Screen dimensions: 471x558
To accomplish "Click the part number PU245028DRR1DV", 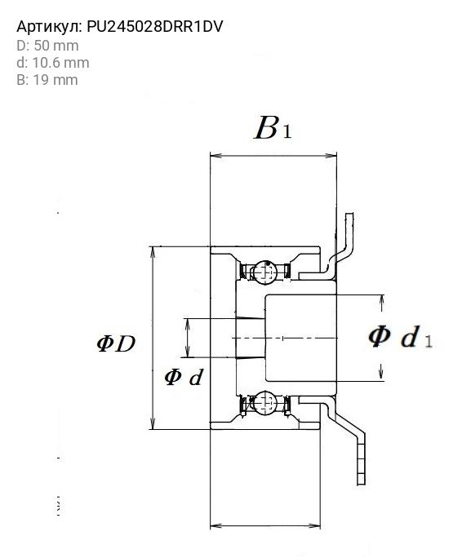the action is pos(155,27).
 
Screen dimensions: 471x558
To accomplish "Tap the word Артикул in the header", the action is pos(48,27).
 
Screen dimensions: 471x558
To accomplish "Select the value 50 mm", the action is pos(56,46).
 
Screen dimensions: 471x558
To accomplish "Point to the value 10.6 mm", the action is pos(60,63).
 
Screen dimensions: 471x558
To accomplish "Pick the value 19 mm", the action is pos(56,80).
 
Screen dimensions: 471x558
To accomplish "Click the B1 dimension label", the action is pos(273,127).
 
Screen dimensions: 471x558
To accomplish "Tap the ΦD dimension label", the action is pos(117,343).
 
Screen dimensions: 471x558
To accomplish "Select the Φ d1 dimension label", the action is pos(400,337).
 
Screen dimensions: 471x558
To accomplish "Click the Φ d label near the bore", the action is pos(184,377).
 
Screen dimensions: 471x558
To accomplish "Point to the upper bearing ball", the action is pos(265,272).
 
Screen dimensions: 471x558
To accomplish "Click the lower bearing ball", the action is pos(265,402).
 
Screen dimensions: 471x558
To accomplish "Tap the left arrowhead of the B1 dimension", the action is pos(216,156).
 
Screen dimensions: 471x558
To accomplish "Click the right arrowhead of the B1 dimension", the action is pos(331,156).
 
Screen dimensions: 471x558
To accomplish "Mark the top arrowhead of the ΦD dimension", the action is pos(153,252).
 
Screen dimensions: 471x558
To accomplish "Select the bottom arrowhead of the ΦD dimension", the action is pos(153,423).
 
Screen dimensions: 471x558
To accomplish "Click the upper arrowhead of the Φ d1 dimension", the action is pos(382,301).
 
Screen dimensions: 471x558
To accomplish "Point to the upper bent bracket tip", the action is pos(350,217).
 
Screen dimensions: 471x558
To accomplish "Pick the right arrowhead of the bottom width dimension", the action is pos(314,525).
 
